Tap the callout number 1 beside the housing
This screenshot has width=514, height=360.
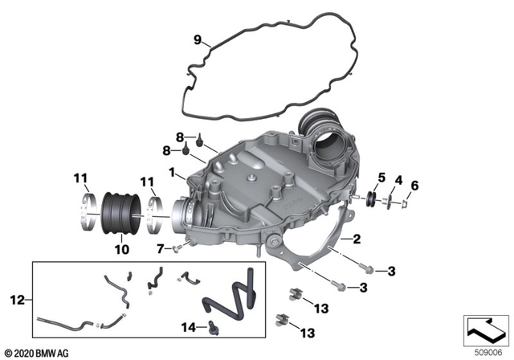click(172, 172)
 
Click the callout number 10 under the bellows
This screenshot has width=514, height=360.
click(123, 251)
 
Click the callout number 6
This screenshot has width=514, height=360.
click(414, 186)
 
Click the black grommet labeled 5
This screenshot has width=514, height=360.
click(373, 198)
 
